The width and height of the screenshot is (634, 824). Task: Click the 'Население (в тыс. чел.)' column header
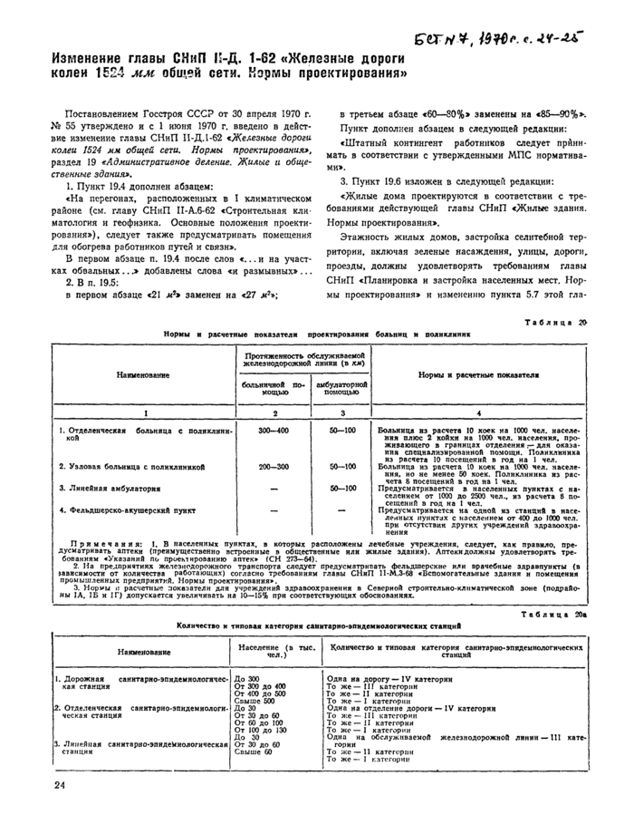270,654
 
